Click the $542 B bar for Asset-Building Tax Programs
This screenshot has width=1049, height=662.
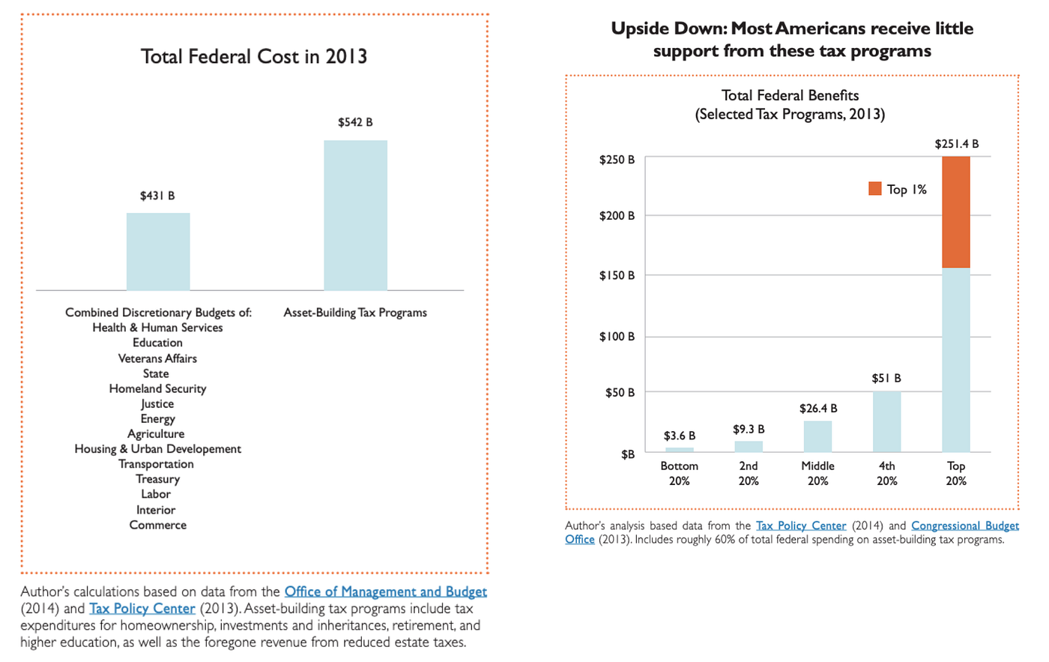point(355,215)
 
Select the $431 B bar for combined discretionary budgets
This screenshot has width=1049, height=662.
point(158,251)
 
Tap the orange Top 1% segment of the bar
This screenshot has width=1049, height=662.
point(955,212)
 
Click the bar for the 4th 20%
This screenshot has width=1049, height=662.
point(886,421)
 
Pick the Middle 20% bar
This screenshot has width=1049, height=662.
point(817,436)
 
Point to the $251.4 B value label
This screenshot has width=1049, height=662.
point(956,144)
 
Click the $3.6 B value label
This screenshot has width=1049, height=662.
point(680,436)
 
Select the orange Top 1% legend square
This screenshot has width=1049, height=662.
point(874,189)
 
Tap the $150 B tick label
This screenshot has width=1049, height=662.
point(617,275)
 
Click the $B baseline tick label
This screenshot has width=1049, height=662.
point(627,454)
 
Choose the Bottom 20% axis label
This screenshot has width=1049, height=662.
point(680,473)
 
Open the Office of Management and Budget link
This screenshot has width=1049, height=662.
point(385,592)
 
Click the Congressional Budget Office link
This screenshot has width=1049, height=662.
point(964,526)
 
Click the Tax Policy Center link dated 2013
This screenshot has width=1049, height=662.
point(142,609)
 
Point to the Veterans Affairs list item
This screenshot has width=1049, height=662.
point(157,358)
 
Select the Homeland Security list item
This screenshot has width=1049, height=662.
point(157,388)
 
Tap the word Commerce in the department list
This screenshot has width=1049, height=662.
point(157,525)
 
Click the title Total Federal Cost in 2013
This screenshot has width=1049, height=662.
point(254,56)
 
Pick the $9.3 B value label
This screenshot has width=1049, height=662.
point(749,430)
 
